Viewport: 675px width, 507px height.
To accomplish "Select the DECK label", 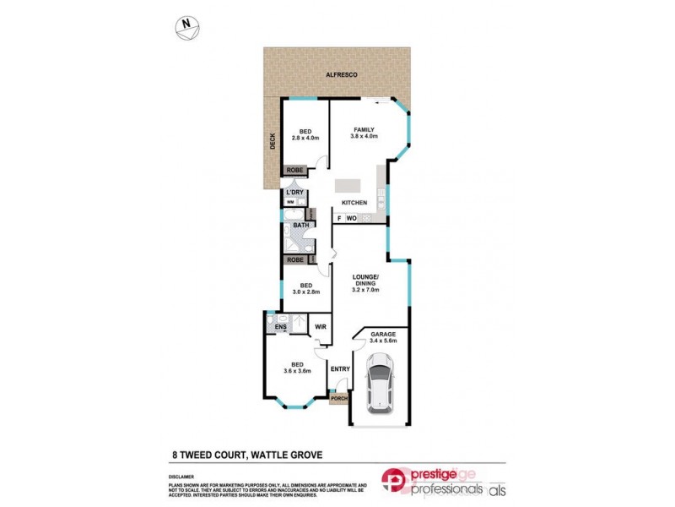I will (x=273, y=143).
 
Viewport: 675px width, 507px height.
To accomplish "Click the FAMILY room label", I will (x=364, y=129).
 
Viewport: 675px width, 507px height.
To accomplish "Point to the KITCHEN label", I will (x=354, y=203).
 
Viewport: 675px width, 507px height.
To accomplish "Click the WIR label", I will (x=320, y=325).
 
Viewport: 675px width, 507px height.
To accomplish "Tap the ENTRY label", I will (x=340, y=368).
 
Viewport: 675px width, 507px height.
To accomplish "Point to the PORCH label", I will (x=338, y=398).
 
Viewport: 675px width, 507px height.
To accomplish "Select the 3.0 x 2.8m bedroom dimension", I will (x=306, y=292).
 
